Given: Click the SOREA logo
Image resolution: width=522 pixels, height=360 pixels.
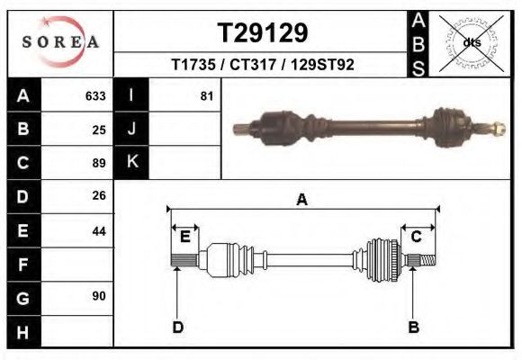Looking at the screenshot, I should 60,43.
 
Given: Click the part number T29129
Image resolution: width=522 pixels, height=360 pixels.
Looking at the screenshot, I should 263,33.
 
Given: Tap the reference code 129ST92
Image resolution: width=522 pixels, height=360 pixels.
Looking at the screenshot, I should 323,66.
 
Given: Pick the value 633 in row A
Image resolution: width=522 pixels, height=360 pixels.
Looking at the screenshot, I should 95,95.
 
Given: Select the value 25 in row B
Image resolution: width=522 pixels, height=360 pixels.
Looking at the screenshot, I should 99,129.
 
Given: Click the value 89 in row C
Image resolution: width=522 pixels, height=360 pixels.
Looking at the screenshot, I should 99,163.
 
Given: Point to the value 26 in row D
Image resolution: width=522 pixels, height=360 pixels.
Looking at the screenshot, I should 99,195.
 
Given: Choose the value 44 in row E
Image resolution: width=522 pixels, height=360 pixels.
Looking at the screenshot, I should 99,230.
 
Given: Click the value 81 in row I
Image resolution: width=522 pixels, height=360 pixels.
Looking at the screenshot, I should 207,95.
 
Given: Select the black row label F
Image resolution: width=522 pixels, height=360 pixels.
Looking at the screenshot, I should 22,265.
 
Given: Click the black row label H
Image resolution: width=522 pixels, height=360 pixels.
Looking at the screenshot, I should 22,332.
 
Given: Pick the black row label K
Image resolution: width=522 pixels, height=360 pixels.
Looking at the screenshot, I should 131,162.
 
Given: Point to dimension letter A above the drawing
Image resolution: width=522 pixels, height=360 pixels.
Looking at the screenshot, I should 302,200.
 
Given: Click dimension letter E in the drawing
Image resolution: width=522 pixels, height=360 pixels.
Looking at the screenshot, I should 184,237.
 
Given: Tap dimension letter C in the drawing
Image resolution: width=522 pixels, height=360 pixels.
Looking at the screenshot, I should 417,237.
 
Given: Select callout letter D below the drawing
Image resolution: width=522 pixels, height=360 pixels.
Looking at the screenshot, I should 178,327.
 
